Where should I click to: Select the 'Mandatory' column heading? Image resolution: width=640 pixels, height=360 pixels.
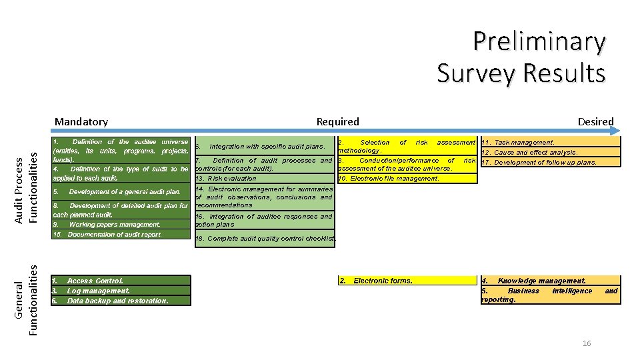click(81, 121)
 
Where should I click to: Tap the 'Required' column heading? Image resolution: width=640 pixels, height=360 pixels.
click(337, 121)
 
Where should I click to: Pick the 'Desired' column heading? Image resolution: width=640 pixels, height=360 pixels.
click(595, 121)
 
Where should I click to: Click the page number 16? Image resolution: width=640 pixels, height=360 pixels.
click(587, 343)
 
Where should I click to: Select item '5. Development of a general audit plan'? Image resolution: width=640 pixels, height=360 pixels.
click(120, 192)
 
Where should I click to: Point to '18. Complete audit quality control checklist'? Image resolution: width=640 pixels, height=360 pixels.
click(265, 239)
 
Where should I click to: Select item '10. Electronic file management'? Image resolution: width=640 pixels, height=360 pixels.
click(389, 179)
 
